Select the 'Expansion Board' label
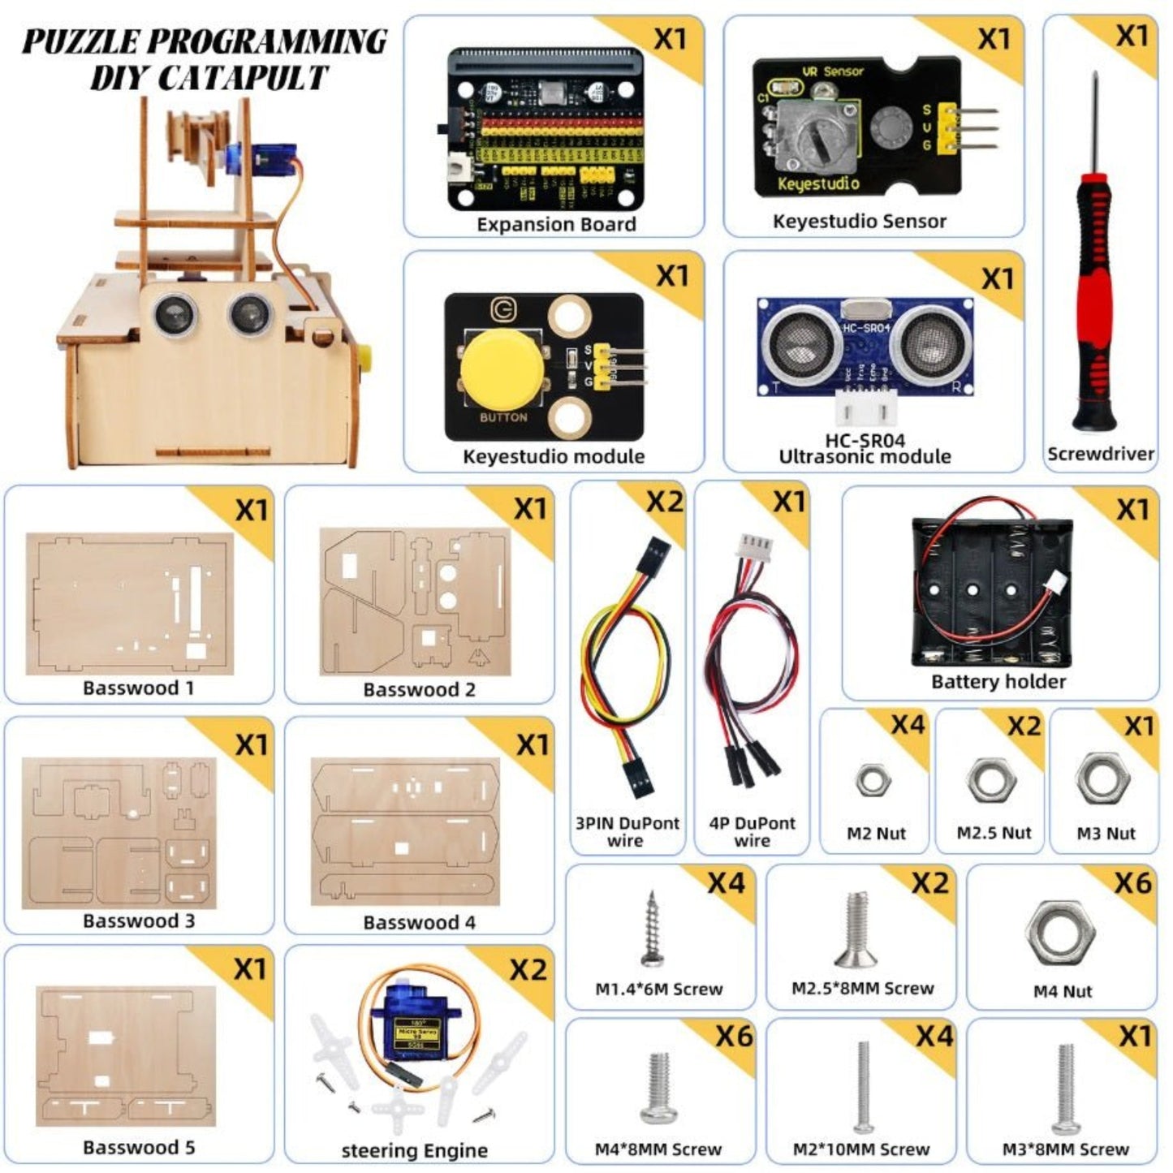[556, 225]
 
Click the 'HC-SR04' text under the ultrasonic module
[865, 441]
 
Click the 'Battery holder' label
[998, 682]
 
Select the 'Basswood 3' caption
[139, 921]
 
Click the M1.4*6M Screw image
[653, 929]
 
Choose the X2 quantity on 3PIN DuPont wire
[665, 502]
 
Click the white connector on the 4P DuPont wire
[753, 547]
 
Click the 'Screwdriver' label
[1100, 454]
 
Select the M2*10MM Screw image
[863, 1087]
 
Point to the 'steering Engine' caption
[415, 1150]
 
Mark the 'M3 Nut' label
[1106, 834]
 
